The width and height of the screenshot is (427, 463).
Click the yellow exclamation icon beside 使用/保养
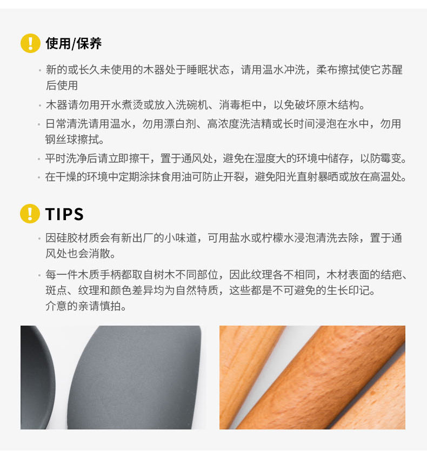click(x=30, y=43)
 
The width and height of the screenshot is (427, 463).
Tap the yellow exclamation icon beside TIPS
click(x=30, y=214)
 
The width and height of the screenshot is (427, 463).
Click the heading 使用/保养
click(x=74, y=44)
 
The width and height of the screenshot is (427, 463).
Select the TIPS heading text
click(x=64, y=214)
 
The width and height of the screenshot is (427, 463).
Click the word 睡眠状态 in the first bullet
click(x=208, y=70)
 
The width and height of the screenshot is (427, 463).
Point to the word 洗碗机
click(x=191, y=105)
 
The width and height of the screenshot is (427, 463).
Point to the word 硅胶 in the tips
click(x=67, y=237)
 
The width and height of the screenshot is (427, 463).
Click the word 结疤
click(x=391, y=275)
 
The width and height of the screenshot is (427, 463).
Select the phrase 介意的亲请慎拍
click(x=83, y=306)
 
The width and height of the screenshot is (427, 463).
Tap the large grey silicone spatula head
click(x=135, y=378)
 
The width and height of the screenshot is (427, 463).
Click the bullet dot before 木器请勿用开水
click(x=39, y=105)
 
